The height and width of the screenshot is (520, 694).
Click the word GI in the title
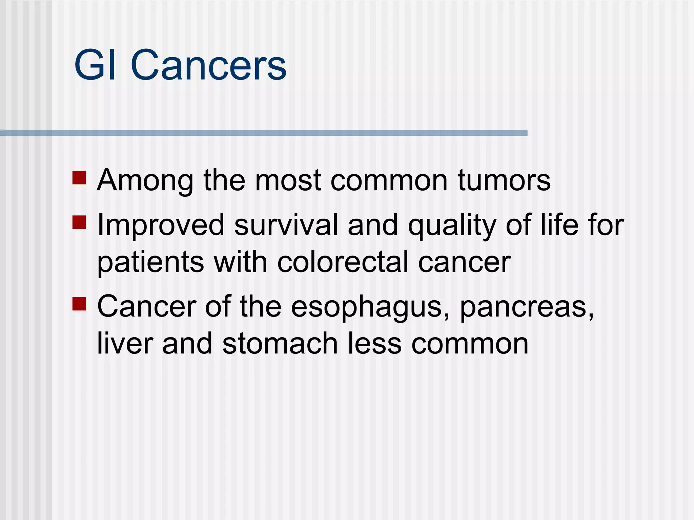coord(95,65)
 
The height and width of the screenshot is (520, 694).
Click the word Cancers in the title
coord(208,65)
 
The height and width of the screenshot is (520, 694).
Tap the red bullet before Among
coord(79,177)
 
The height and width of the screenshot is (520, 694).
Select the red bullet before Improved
coord(79,222)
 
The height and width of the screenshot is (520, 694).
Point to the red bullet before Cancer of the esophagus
coord(79,304)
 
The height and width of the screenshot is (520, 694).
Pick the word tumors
coord(504,180)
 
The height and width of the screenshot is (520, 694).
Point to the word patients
coord(150,262)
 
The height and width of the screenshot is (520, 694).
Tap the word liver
coord(125,343)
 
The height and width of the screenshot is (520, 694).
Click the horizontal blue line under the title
coord(264,133)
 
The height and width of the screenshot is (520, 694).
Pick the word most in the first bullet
coord(287,180)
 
